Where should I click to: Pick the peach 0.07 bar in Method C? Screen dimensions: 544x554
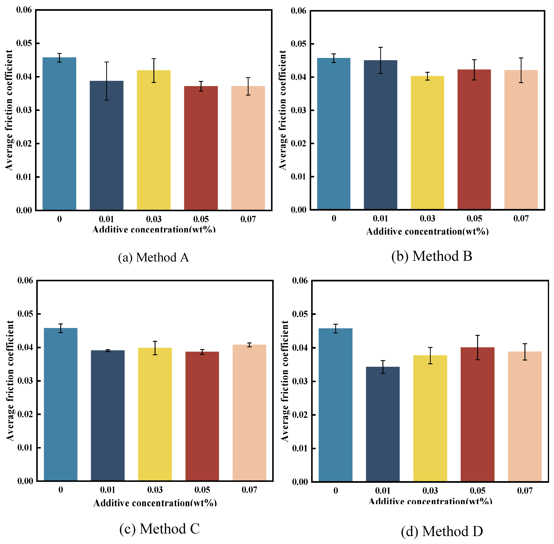(249, 413)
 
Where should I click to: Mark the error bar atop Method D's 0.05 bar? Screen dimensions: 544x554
(477, 347)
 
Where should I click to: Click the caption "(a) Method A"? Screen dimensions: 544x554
(154, 257)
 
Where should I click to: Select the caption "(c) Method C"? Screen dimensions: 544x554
(159, 529)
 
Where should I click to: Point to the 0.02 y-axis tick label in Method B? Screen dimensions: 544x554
(298, 143)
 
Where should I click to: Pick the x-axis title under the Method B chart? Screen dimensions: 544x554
(427, 231)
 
